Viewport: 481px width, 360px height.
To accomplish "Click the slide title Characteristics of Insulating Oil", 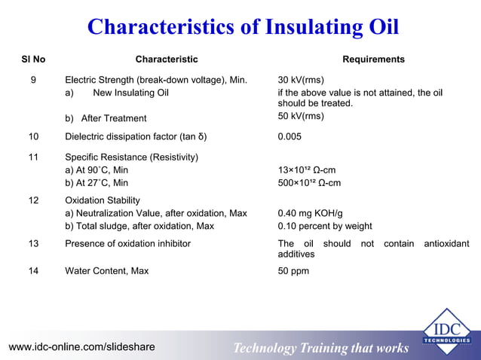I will click(x=243, y=27).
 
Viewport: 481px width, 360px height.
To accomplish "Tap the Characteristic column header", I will click(x=167, y=59).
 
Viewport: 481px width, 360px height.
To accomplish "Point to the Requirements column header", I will click(x=373, y=59).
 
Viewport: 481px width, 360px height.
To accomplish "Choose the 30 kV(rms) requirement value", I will click(x=301, y=79).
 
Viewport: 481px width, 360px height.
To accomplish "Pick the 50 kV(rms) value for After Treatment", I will click(x=301, y=116).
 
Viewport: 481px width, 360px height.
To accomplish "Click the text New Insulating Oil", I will click(x=130, y=93).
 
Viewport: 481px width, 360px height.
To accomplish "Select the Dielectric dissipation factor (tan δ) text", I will click(x=136, y=137).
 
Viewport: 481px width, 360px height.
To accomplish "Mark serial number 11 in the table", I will click(x=34, y=157).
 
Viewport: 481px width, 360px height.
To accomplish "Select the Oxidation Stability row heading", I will click(x=103, y=200).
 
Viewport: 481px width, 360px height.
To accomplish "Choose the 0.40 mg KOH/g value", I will click(x=311, y=213).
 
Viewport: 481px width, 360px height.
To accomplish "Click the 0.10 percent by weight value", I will click(x=325, y=226).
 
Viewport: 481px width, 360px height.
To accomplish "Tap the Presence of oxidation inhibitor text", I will click(x=127, y=243).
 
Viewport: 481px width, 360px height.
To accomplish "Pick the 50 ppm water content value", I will click(x=293, y=270).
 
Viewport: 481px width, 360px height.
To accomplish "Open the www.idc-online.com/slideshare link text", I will click(x=81, y=347).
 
